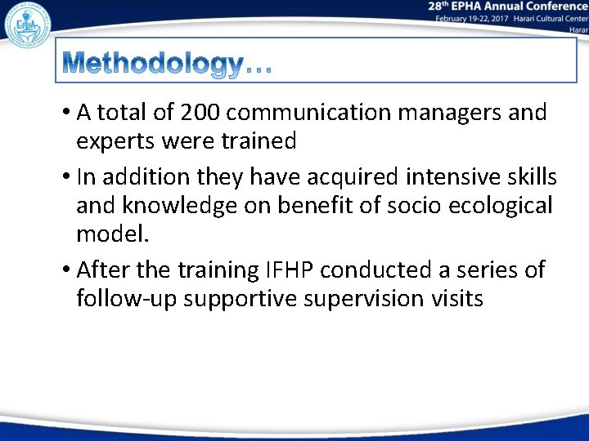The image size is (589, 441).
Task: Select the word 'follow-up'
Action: point(127,299)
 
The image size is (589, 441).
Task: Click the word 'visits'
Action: point(453,299)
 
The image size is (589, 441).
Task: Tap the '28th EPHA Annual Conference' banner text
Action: point(507,7)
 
